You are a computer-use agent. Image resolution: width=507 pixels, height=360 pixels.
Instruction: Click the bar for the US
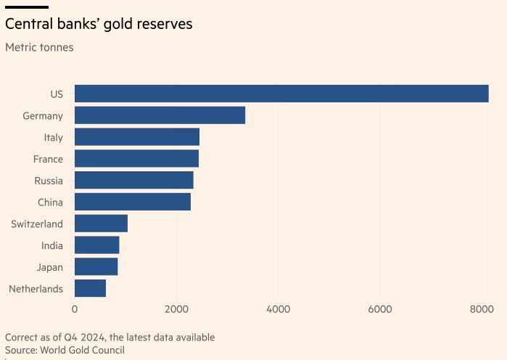[x=281, y=94]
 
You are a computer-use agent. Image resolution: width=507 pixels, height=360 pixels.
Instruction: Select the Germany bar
[x=160, y=115]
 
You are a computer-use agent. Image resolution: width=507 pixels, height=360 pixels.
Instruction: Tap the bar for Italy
[x=137, y=137]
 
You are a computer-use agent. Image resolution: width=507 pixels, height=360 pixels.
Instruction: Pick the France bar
[x=136, y=159]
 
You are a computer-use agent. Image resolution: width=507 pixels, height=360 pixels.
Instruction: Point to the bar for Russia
[x=134, y=180]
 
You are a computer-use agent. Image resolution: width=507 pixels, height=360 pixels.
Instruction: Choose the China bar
[x=133, y=202]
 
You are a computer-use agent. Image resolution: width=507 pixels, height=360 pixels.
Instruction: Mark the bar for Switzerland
[x=101, y=224]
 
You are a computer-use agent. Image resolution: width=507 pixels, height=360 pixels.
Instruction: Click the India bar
[x=96, y=245]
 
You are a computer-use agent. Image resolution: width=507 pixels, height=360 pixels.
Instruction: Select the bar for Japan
[x=96, y=267]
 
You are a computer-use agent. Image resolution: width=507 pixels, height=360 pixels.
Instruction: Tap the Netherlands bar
[x=90, y=289]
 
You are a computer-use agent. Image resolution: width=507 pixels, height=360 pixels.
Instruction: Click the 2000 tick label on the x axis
[x=176, y=309]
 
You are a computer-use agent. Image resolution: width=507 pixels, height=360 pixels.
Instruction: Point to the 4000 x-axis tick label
[x=279, y=309]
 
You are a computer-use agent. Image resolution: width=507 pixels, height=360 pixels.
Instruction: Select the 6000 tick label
[x=380, y=309]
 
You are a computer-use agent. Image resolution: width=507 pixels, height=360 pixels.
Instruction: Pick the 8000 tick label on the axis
[x=482, y=309]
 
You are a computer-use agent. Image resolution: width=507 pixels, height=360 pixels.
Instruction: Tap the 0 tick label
[x=75, y=309]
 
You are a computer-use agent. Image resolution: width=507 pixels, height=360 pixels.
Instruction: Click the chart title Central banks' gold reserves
[x=99, y=24]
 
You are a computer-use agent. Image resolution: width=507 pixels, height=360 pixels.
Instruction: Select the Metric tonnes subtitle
[x=39, y=48]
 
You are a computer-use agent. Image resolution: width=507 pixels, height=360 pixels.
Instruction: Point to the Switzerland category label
[x=37, y=224]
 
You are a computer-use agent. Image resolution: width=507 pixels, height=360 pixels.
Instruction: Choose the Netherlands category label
[x=36, y=290]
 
